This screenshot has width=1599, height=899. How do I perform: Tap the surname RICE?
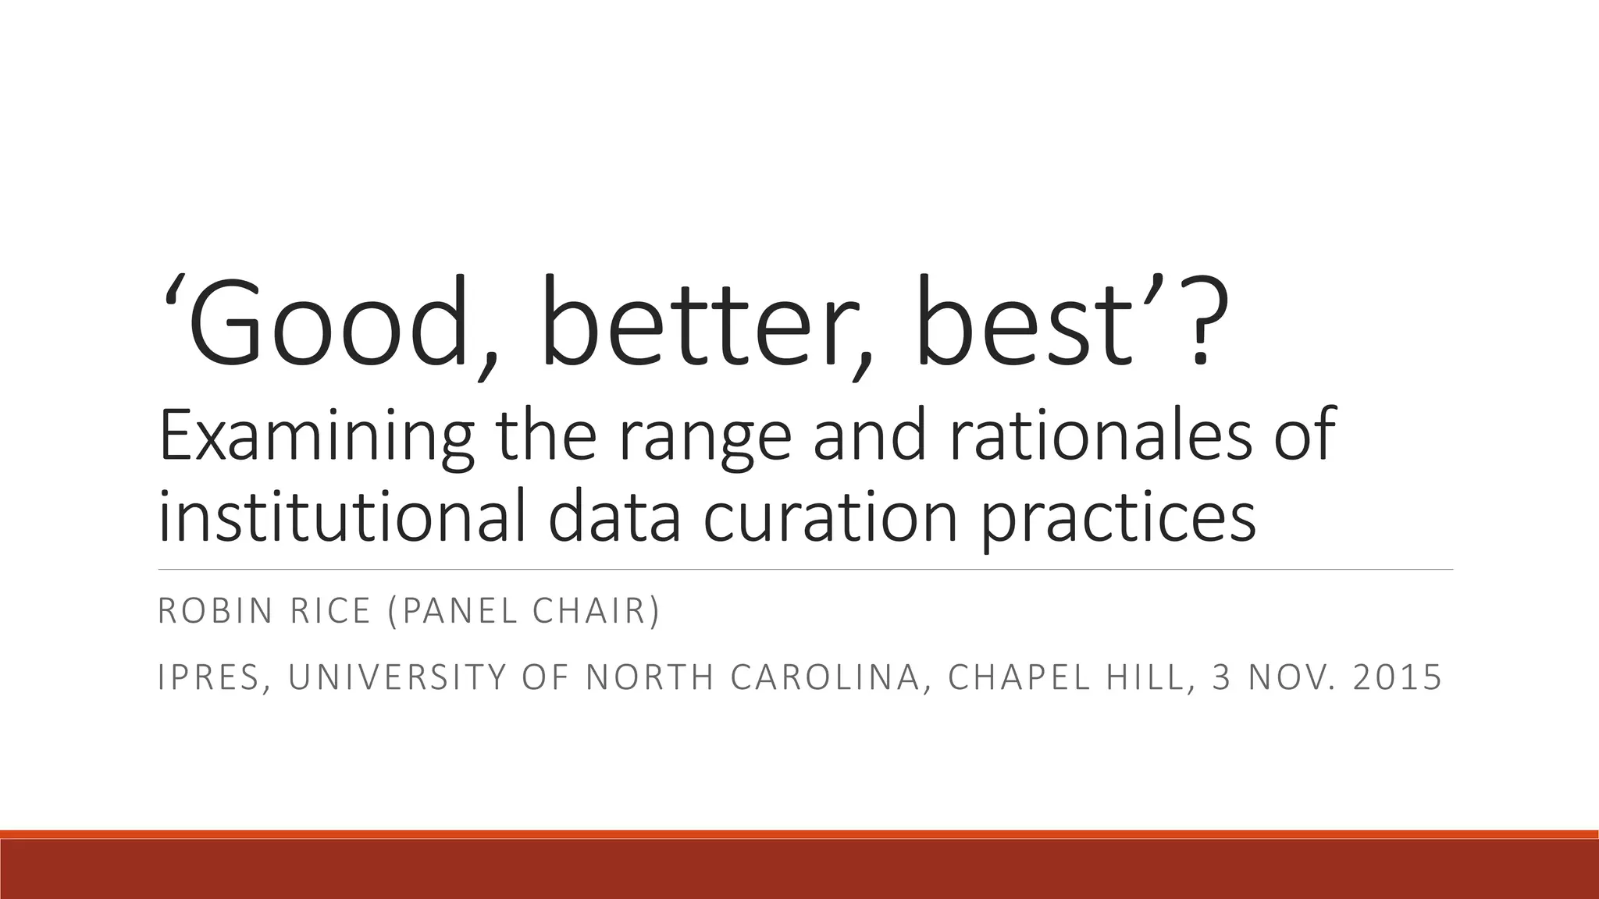tap(330, 611)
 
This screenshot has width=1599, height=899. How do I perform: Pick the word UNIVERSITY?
tap(398, 677)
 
